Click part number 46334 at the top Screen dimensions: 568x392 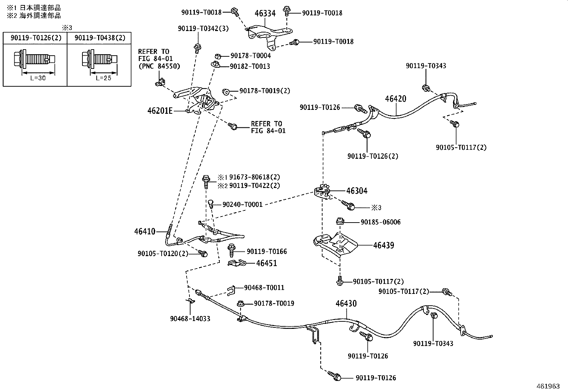tap(265, 13)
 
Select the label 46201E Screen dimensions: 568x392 tap(160, 111)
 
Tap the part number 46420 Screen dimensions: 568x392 tap(396, 99)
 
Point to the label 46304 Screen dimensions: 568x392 tap(357, 191)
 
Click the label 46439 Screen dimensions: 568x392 tap(384, 245)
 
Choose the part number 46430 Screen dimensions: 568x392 tap(346, 303)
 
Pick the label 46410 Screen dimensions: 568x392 tap(145, 231)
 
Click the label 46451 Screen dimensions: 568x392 tap(267, 263)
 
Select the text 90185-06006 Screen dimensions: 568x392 tap(381, 222)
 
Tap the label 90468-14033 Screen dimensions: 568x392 tap(190, 319)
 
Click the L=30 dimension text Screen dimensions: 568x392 tap(38, 78)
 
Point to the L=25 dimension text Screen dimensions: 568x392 tap(103, 78)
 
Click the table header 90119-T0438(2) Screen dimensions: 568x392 tap(100, 38)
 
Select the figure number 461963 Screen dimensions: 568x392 tap(548, 386)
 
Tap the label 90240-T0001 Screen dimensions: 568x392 tap(242, 204)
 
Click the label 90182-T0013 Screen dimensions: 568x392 tap(250, 66)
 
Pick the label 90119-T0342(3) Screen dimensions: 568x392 tap(203, 29)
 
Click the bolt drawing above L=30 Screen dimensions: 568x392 tap(35, 59)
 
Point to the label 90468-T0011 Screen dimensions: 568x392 tap(264, 287)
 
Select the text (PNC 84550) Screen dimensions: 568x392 tap(159, 66)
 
